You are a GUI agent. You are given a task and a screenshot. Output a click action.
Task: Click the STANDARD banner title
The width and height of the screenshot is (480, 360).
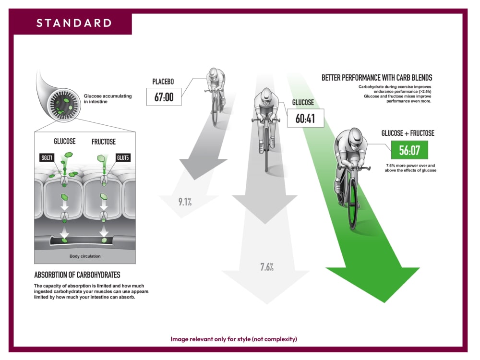pyautogui.click(x=74, y=23)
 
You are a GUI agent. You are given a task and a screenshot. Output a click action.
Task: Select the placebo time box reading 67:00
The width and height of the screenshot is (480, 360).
pyautogui.click(x=164, y=97)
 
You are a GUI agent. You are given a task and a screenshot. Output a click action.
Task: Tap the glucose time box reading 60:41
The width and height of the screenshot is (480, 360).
pyautogui.click(x=305, y=118)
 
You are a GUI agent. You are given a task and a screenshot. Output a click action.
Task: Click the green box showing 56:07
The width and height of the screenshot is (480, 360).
pyautogui.click(x=409, y=150)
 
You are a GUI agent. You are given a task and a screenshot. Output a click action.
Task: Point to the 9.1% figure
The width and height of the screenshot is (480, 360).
pyautogui.click(x=185, y=202)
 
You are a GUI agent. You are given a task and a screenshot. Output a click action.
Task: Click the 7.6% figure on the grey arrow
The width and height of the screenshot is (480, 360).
pyautogui.click(x=267, y=267)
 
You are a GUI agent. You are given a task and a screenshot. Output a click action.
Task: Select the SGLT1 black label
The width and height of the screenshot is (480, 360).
pyautogui.click(x=47, y=157)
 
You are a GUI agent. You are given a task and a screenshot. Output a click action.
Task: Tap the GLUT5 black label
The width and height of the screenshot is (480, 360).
pyautogui.click(x=123, y=157)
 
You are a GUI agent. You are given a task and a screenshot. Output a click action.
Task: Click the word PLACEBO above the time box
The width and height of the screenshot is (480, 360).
pyautogui.click(x=163, y=82)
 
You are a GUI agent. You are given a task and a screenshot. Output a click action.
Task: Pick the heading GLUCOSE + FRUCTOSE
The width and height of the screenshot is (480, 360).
pyautogui.click(x=408, y=133)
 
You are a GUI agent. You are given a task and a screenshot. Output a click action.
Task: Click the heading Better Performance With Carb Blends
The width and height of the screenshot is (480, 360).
pyautogui.click(x=377, y=78)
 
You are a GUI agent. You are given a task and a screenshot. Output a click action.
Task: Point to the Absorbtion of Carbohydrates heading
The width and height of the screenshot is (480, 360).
pyautogui.click(x=77, y=275)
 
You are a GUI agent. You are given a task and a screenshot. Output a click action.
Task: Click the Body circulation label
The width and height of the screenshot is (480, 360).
pyautogui.click(x=85, y=256)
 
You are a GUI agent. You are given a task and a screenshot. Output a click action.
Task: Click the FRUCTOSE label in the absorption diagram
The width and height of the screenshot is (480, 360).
pyautogui.click(x=104, y=142)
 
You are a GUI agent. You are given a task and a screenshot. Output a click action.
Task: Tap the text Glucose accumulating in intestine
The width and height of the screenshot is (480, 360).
pyautogui.click(x=108, y=98)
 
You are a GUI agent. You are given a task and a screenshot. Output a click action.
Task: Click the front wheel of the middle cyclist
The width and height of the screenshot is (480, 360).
pyautogui.click(x=266, y=150)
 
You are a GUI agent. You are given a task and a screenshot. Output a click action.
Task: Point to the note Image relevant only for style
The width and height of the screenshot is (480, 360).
pyautogui.click(x=234, y=339)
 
